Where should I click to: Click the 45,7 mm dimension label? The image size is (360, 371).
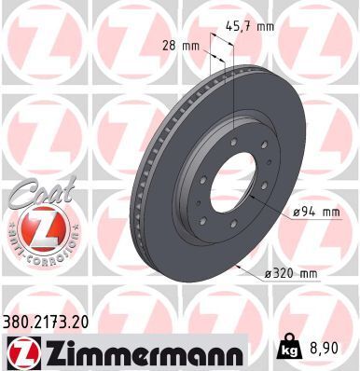point(251,25)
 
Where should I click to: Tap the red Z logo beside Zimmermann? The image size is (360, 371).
point(21,352)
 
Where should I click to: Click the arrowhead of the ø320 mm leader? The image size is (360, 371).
point(240,267)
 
